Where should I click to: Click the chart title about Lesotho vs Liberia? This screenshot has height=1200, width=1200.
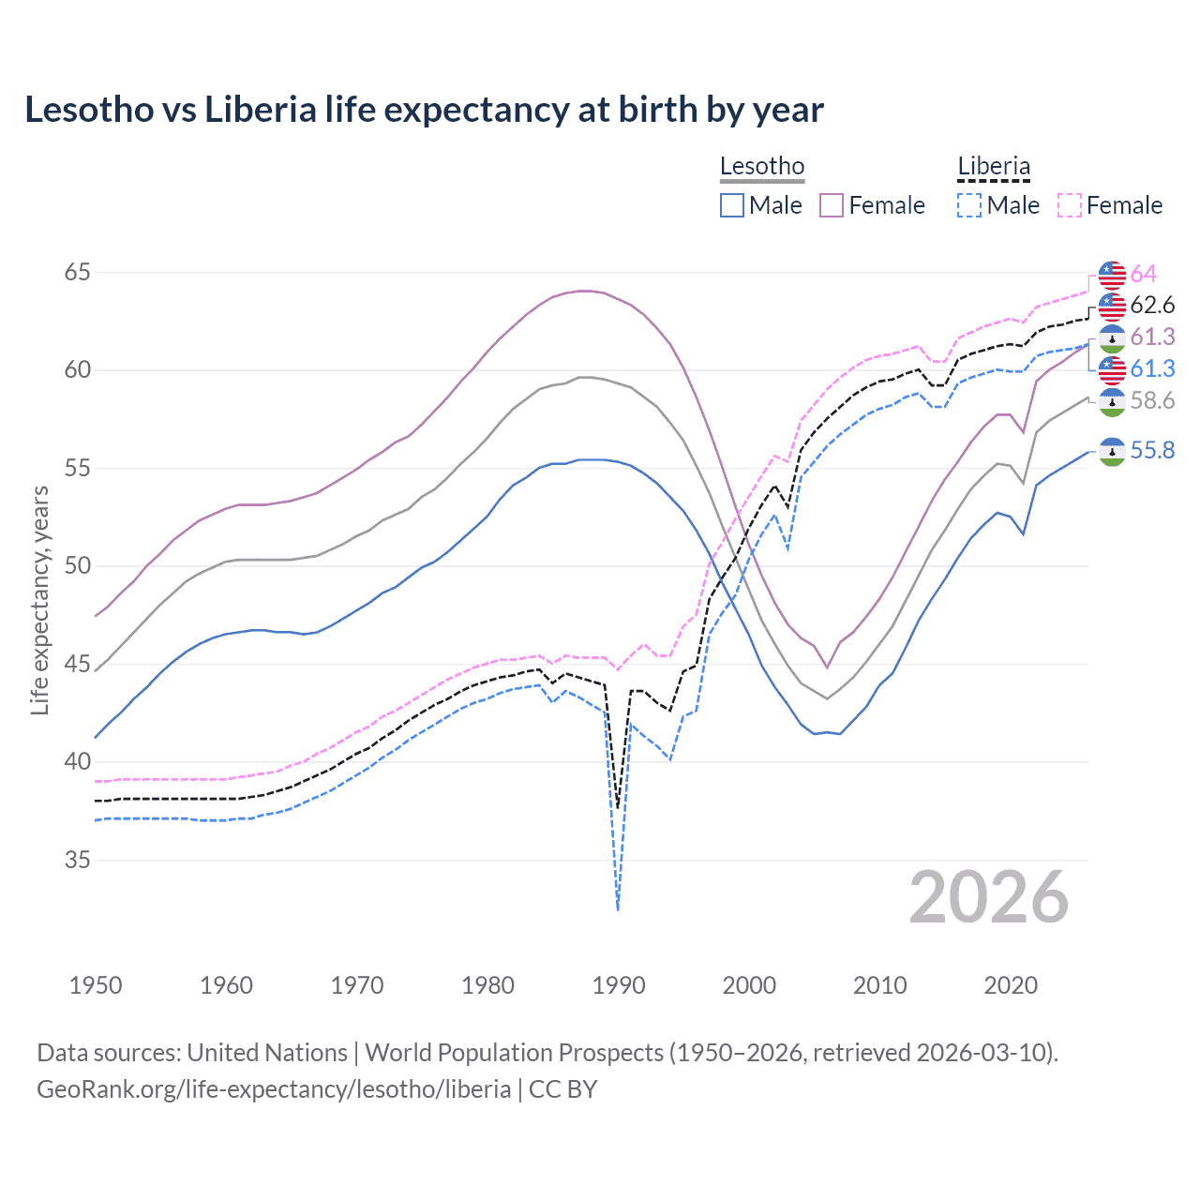[424, 110]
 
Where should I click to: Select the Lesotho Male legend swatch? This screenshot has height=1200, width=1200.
[732, 205]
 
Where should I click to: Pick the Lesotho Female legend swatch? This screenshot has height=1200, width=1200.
[832, 205]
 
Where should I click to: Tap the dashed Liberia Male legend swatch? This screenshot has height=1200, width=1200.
[969, 205]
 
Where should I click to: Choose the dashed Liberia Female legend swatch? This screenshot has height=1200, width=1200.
[1070, 205]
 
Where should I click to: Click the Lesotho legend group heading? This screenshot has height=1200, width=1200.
[762, 167]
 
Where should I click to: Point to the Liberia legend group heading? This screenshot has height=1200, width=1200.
[994, 167]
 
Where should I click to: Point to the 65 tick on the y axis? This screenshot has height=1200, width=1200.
[78, 273]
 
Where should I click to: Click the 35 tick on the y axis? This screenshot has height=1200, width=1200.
[78, 860]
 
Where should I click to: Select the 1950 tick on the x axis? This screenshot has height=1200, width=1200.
[96, 985]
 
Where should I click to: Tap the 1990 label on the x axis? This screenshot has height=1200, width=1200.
[619, 985]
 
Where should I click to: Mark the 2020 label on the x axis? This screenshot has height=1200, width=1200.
[1011, 985]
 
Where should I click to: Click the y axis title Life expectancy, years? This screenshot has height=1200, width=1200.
[39, 600]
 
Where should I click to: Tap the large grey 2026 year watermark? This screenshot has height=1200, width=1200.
[989, 897]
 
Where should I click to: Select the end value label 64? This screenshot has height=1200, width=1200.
[1144, 274]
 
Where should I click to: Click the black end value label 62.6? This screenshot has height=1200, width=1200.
[1152, 306]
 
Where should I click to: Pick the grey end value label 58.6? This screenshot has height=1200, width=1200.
[1152, 401]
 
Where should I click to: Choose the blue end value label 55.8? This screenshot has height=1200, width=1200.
[1152, 451]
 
